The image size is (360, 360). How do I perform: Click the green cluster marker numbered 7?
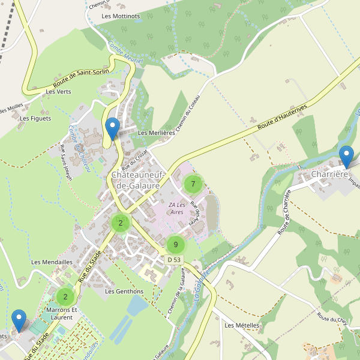click(x=193, y=184)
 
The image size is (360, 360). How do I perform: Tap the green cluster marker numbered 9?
click(x=175, y=244)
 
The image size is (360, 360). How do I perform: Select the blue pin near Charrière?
click(x=346, y=157)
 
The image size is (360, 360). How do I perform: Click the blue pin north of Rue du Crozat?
click(x=112, y=128)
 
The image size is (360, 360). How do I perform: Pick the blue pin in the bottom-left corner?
click(x=19, y=320)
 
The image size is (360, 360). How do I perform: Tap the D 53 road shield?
click(x=174, y=259)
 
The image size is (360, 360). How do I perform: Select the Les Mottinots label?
click(x=121, y=16)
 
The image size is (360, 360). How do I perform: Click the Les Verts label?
click(x=58, y=92)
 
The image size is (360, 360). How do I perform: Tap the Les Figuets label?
click(x=35, y=118)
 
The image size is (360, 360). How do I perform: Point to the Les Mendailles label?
click(x=52, y=262)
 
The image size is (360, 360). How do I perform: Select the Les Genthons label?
click(x=124, y=291)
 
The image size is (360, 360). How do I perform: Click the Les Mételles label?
click(x=242, y=325)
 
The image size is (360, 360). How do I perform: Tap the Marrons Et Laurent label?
click(x=62, y=313)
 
